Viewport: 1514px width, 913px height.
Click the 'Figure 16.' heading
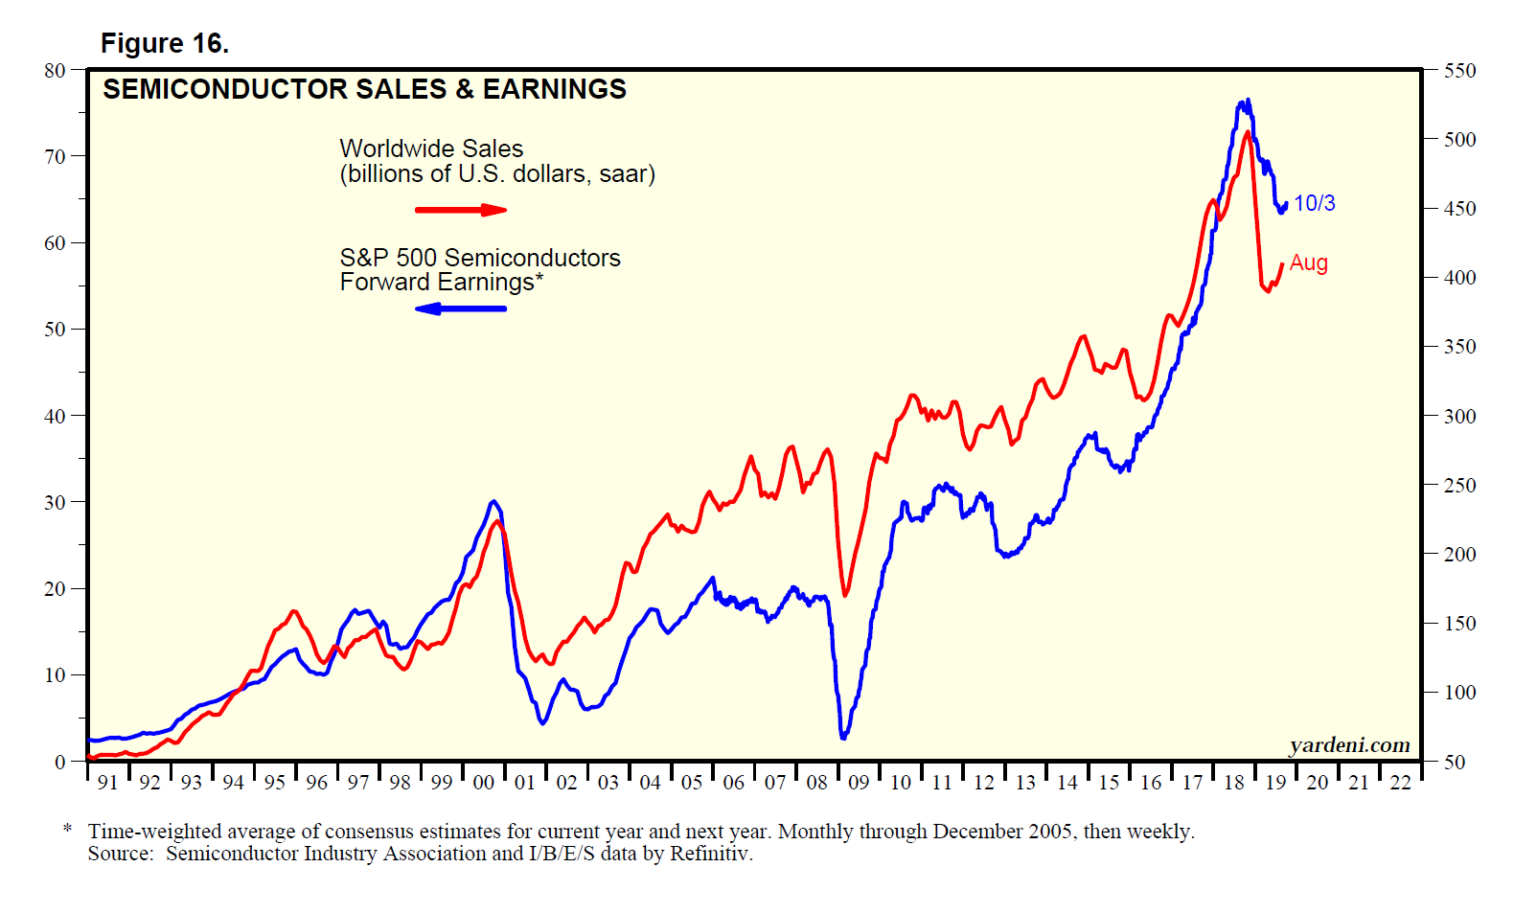click(x=164, y=44)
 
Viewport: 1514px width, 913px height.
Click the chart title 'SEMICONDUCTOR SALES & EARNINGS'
click(x=364, y=89)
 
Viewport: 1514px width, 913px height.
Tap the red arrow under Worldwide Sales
click(x=461, y=210)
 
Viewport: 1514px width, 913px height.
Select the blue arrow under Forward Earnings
click(x=461, y=308)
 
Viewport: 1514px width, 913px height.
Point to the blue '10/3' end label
click(x=1314, y=203)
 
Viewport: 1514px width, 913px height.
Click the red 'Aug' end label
click(x=1308, y=262)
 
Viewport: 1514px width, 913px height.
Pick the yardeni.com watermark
click(x=1349, y=744)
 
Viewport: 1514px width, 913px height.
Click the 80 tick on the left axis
click(x=55, y=70)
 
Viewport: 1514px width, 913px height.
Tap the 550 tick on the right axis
click(x=1460, y=71)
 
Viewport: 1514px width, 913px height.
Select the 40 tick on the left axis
click(x=55, y=416)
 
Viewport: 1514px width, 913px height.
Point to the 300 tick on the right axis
click(x=1460, y=417)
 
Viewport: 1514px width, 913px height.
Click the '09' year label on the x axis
click(x=859, y=783)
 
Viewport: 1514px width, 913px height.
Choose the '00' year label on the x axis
click(x=483, y=783)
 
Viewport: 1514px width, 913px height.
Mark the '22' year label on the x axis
click(x=1400, y=783)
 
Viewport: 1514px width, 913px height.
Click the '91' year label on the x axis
click(x=108, y=783)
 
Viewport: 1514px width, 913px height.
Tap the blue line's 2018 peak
click(x=1247, y=101)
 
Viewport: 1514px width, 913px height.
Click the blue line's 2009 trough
click(x=843, y=737)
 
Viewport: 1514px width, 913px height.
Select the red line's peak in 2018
click(x=1248, y=132)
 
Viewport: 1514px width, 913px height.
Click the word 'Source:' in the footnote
click(x=121, y=854)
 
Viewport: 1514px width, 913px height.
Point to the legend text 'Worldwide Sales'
click(x=431, y=148)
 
